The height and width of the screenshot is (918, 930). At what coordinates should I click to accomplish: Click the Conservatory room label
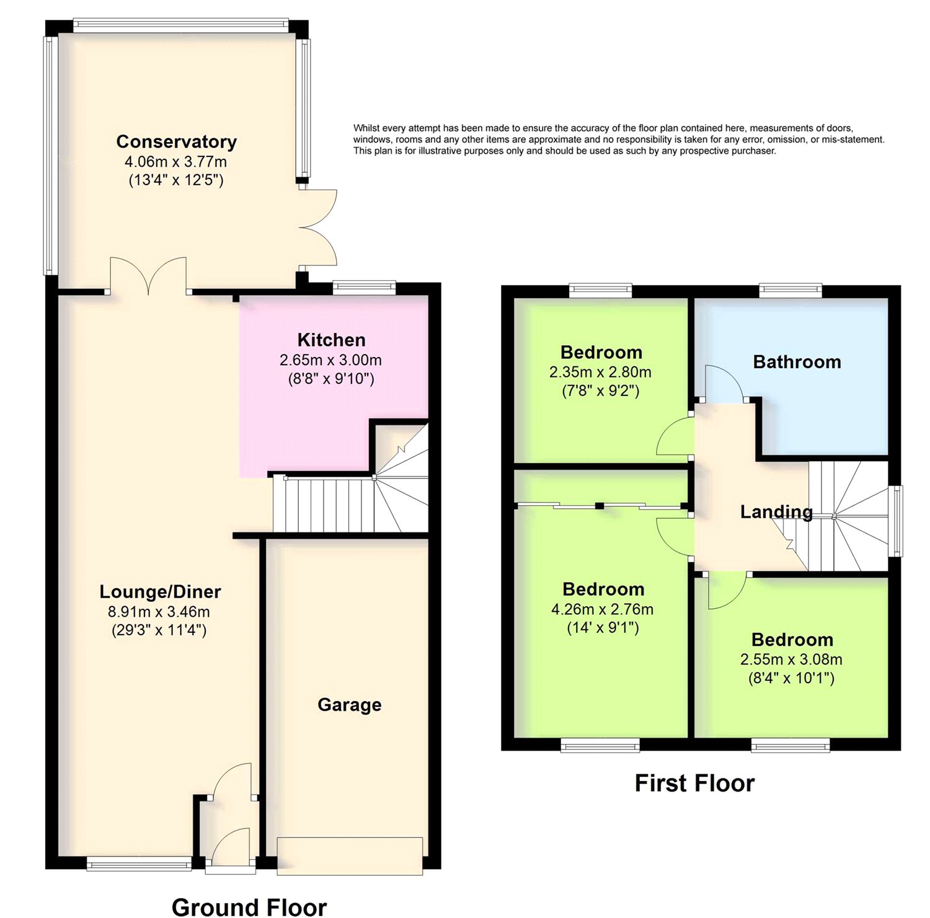[x=177, y=142]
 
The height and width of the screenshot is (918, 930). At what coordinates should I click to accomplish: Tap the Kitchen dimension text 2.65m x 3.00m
[x=330, y=360]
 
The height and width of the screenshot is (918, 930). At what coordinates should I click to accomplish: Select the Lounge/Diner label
[x=160, y=592]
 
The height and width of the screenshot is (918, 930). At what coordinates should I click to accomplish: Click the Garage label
[x=349, y=705]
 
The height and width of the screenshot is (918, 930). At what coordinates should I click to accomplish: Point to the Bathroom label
[x=797, y=362]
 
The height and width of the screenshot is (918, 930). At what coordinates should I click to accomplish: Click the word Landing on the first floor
[x=776, y=512]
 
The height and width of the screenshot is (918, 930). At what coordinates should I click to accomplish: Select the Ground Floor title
[x=249, y=907]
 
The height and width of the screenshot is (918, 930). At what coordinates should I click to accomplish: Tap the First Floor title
[x=694, y=783]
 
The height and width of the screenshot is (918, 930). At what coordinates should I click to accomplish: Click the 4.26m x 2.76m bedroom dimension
[x=602, y=609]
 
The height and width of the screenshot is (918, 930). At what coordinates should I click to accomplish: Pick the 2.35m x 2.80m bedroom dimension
[x=600, y=373]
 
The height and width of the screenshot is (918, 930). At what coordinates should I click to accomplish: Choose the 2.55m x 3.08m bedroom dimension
[x=791, y=660]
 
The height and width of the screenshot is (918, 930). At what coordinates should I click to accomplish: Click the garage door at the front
[x=350, y=856]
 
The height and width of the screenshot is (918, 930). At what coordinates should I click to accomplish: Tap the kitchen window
[x=364, y=287]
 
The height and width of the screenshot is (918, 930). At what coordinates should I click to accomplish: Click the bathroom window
[x=790, y=290]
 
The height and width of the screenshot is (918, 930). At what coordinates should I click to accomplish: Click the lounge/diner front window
[x=139, y=863]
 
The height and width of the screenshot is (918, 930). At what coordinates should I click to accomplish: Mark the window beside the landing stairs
[x=896, y=521]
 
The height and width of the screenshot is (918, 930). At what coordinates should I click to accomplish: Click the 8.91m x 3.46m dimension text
[x=159, y=612]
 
